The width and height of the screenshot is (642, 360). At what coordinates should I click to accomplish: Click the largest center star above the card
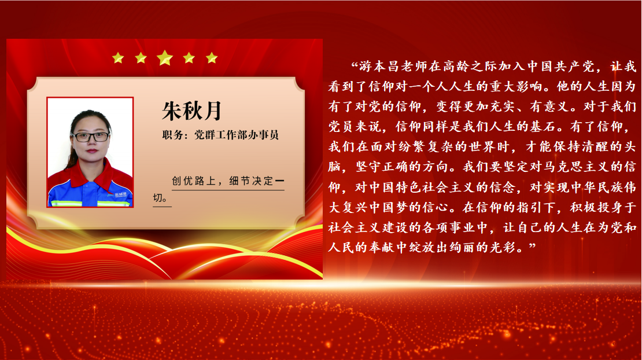click(165, 58)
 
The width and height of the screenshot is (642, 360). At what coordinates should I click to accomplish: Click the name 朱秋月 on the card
click(191, 111)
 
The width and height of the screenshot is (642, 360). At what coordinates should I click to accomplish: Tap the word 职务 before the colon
click(172, 135)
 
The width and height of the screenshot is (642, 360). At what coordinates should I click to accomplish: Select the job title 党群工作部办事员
click(237, 135)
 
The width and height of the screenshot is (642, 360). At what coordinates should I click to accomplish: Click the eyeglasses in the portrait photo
click(90, 137)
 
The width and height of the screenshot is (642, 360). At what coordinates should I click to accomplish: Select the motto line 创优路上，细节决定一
click(228, 181)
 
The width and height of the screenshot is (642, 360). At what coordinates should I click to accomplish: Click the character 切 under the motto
click(158, 198)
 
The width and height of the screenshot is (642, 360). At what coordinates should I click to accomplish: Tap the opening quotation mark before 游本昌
click(355, 64)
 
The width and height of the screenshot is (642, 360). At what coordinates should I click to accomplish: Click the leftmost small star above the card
click(118, 58)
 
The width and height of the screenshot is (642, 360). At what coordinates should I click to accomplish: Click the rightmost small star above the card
click(212, 58)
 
